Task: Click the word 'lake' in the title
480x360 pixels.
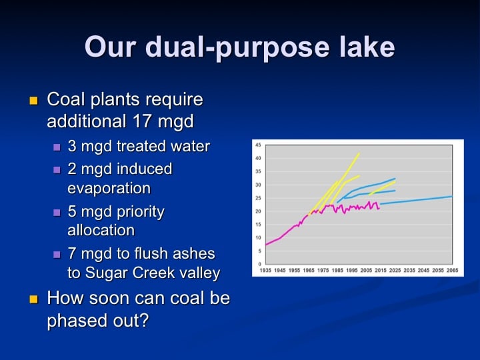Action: pos(367,46)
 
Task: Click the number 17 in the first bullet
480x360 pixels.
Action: pos(142,121)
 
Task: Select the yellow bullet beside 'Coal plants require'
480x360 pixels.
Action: pos(33,101)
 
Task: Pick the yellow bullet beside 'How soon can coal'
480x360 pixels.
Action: pos(33,299)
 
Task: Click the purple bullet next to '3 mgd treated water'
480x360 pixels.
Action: pos(57,147)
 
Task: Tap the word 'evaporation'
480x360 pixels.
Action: pos(109,188)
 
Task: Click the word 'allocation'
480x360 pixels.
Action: pos(101,230)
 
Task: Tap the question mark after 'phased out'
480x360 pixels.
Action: pos(145,320)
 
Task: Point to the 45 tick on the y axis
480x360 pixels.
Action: pos(258,145)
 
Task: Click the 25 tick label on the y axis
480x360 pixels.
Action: pos(258,198)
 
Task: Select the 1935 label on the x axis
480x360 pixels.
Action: pos(265,270)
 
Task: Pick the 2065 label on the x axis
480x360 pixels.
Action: pos(453,270)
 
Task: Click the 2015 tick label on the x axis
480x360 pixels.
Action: pos(381,270)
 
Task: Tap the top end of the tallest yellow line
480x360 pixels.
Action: pos(359,153)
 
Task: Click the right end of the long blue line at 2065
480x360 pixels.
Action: pos(452,197)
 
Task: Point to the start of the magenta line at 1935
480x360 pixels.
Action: pos(266,245)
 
